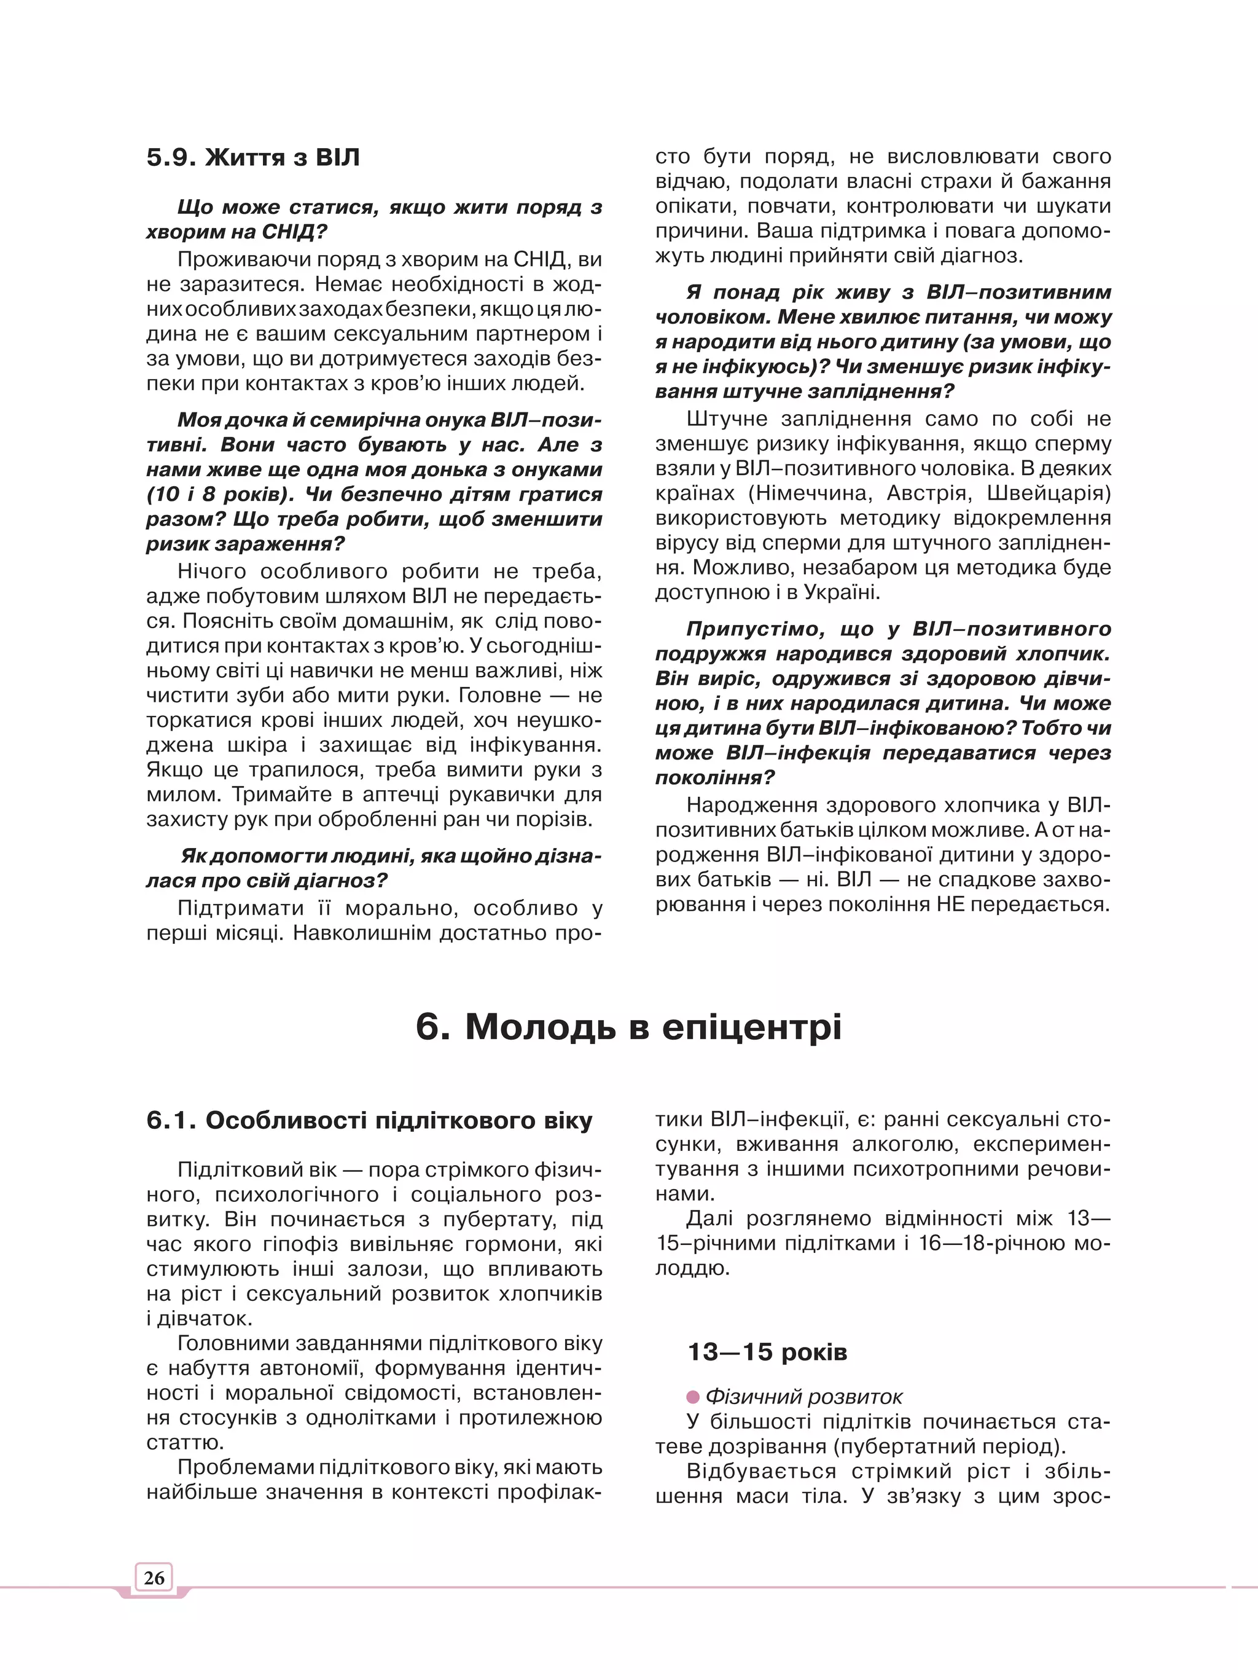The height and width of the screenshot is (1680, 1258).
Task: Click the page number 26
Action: [154, 1577]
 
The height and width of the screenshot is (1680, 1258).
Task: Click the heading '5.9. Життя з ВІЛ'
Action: [253, 158]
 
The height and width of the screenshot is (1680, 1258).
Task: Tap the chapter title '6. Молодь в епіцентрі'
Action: [628, 1027]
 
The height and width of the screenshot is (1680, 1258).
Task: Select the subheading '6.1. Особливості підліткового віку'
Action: [369, 1121]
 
